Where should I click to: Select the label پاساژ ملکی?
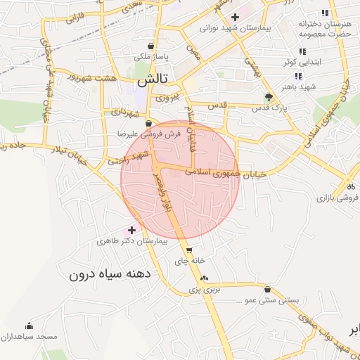coord(151,55)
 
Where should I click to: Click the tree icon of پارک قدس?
coord(269,97)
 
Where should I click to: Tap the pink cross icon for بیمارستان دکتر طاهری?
coord(131,230)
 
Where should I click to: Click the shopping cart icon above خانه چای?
coord(188,250)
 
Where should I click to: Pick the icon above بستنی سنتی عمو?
coord(268,290)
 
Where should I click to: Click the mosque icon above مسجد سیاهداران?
coord(29,326)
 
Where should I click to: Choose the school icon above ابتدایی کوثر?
coord(302,51)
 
